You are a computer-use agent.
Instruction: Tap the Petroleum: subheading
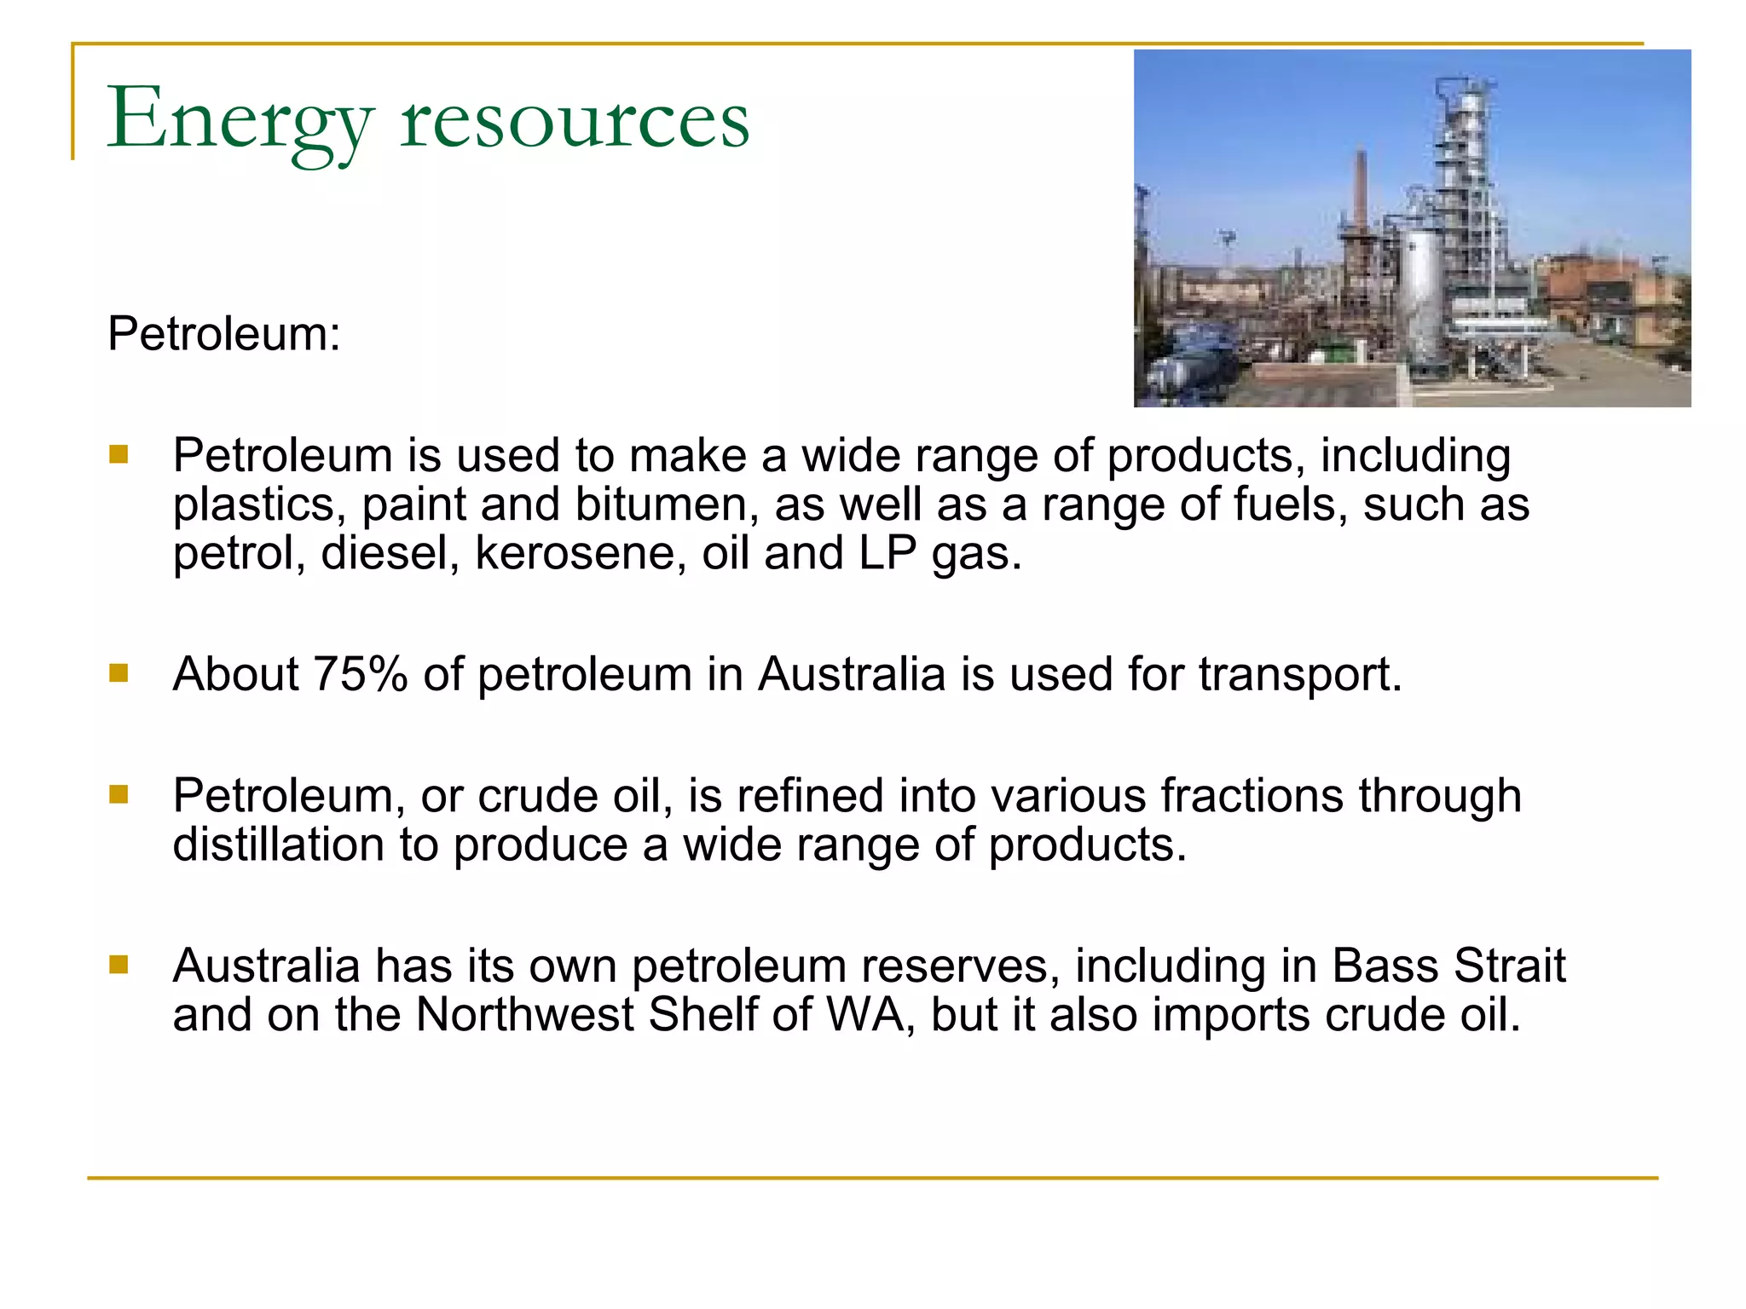pos(223,333)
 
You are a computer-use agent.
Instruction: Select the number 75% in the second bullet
pos(361,674)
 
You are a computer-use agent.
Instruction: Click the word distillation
pos(278,845)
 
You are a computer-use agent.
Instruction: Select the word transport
pos(1299,674)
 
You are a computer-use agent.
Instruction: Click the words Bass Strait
pos(1448,966)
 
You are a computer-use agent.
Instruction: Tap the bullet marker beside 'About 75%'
pos(119,674)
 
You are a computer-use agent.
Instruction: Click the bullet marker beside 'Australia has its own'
pos(119,965)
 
